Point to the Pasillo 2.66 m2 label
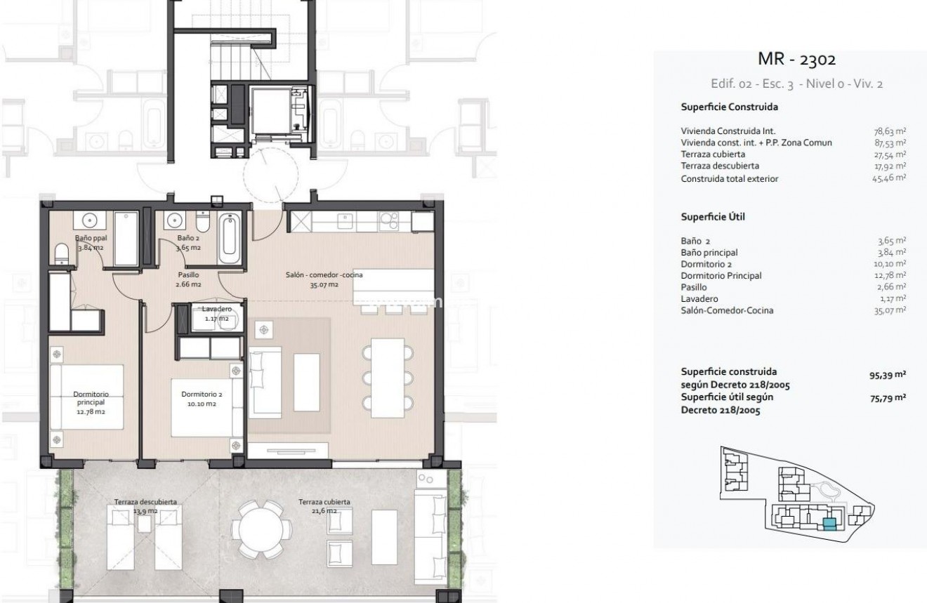(x=188, y=279)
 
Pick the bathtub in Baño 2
(x=230, y=239)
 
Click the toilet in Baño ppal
(x=62, y=252)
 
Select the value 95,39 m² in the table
(x=887, y=376)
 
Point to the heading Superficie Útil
(x=713, y=217)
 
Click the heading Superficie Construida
(x=728, y=107)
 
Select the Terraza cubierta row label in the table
(x=713, y=154)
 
